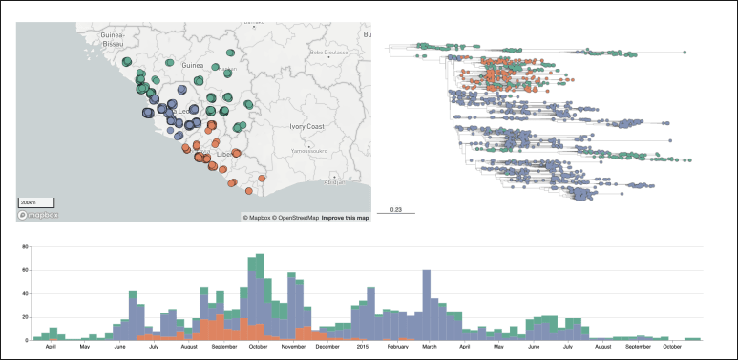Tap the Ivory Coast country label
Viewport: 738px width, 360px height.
point(307,126)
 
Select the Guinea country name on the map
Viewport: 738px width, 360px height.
point(194,65)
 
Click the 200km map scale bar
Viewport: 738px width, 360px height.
point(36,202)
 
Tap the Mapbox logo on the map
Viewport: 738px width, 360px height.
point(37,215)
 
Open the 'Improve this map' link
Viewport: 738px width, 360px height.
point(345,218)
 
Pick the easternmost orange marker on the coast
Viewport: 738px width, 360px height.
point(262,179)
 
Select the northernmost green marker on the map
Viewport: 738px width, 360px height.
point(230,53)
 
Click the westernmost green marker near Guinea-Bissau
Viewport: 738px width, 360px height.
point(127,61)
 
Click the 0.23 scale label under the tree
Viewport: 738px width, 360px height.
point(396,209)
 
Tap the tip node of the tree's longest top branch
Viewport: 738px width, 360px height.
point(684,53)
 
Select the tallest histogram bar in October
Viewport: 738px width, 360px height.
point(256,256)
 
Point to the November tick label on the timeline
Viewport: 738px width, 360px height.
point(292,346)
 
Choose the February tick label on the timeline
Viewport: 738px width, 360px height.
point(394,346)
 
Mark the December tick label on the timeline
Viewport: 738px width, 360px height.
point(327,346)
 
